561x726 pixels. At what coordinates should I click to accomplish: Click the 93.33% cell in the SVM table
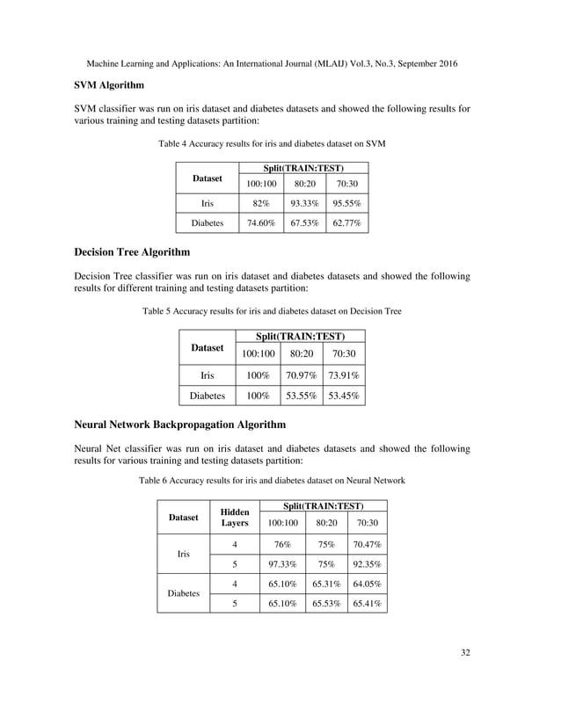point(304,204)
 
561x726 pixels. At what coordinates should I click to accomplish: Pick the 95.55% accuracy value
point(346,204)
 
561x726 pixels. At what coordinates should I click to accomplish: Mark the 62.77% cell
point(346,224)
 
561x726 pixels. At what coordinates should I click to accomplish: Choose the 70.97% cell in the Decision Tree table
point(302,375)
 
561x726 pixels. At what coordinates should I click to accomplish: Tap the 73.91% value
point(344,375)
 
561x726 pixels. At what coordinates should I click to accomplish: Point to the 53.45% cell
point(344,396)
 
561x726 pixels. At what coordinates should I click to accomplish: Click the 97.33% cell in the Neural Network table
point(282,565)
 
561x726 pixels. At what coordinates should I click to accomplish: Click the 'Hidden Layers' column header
point(234,518)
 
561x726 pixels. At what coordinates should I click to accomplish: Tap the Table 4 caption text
point(271,142)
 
